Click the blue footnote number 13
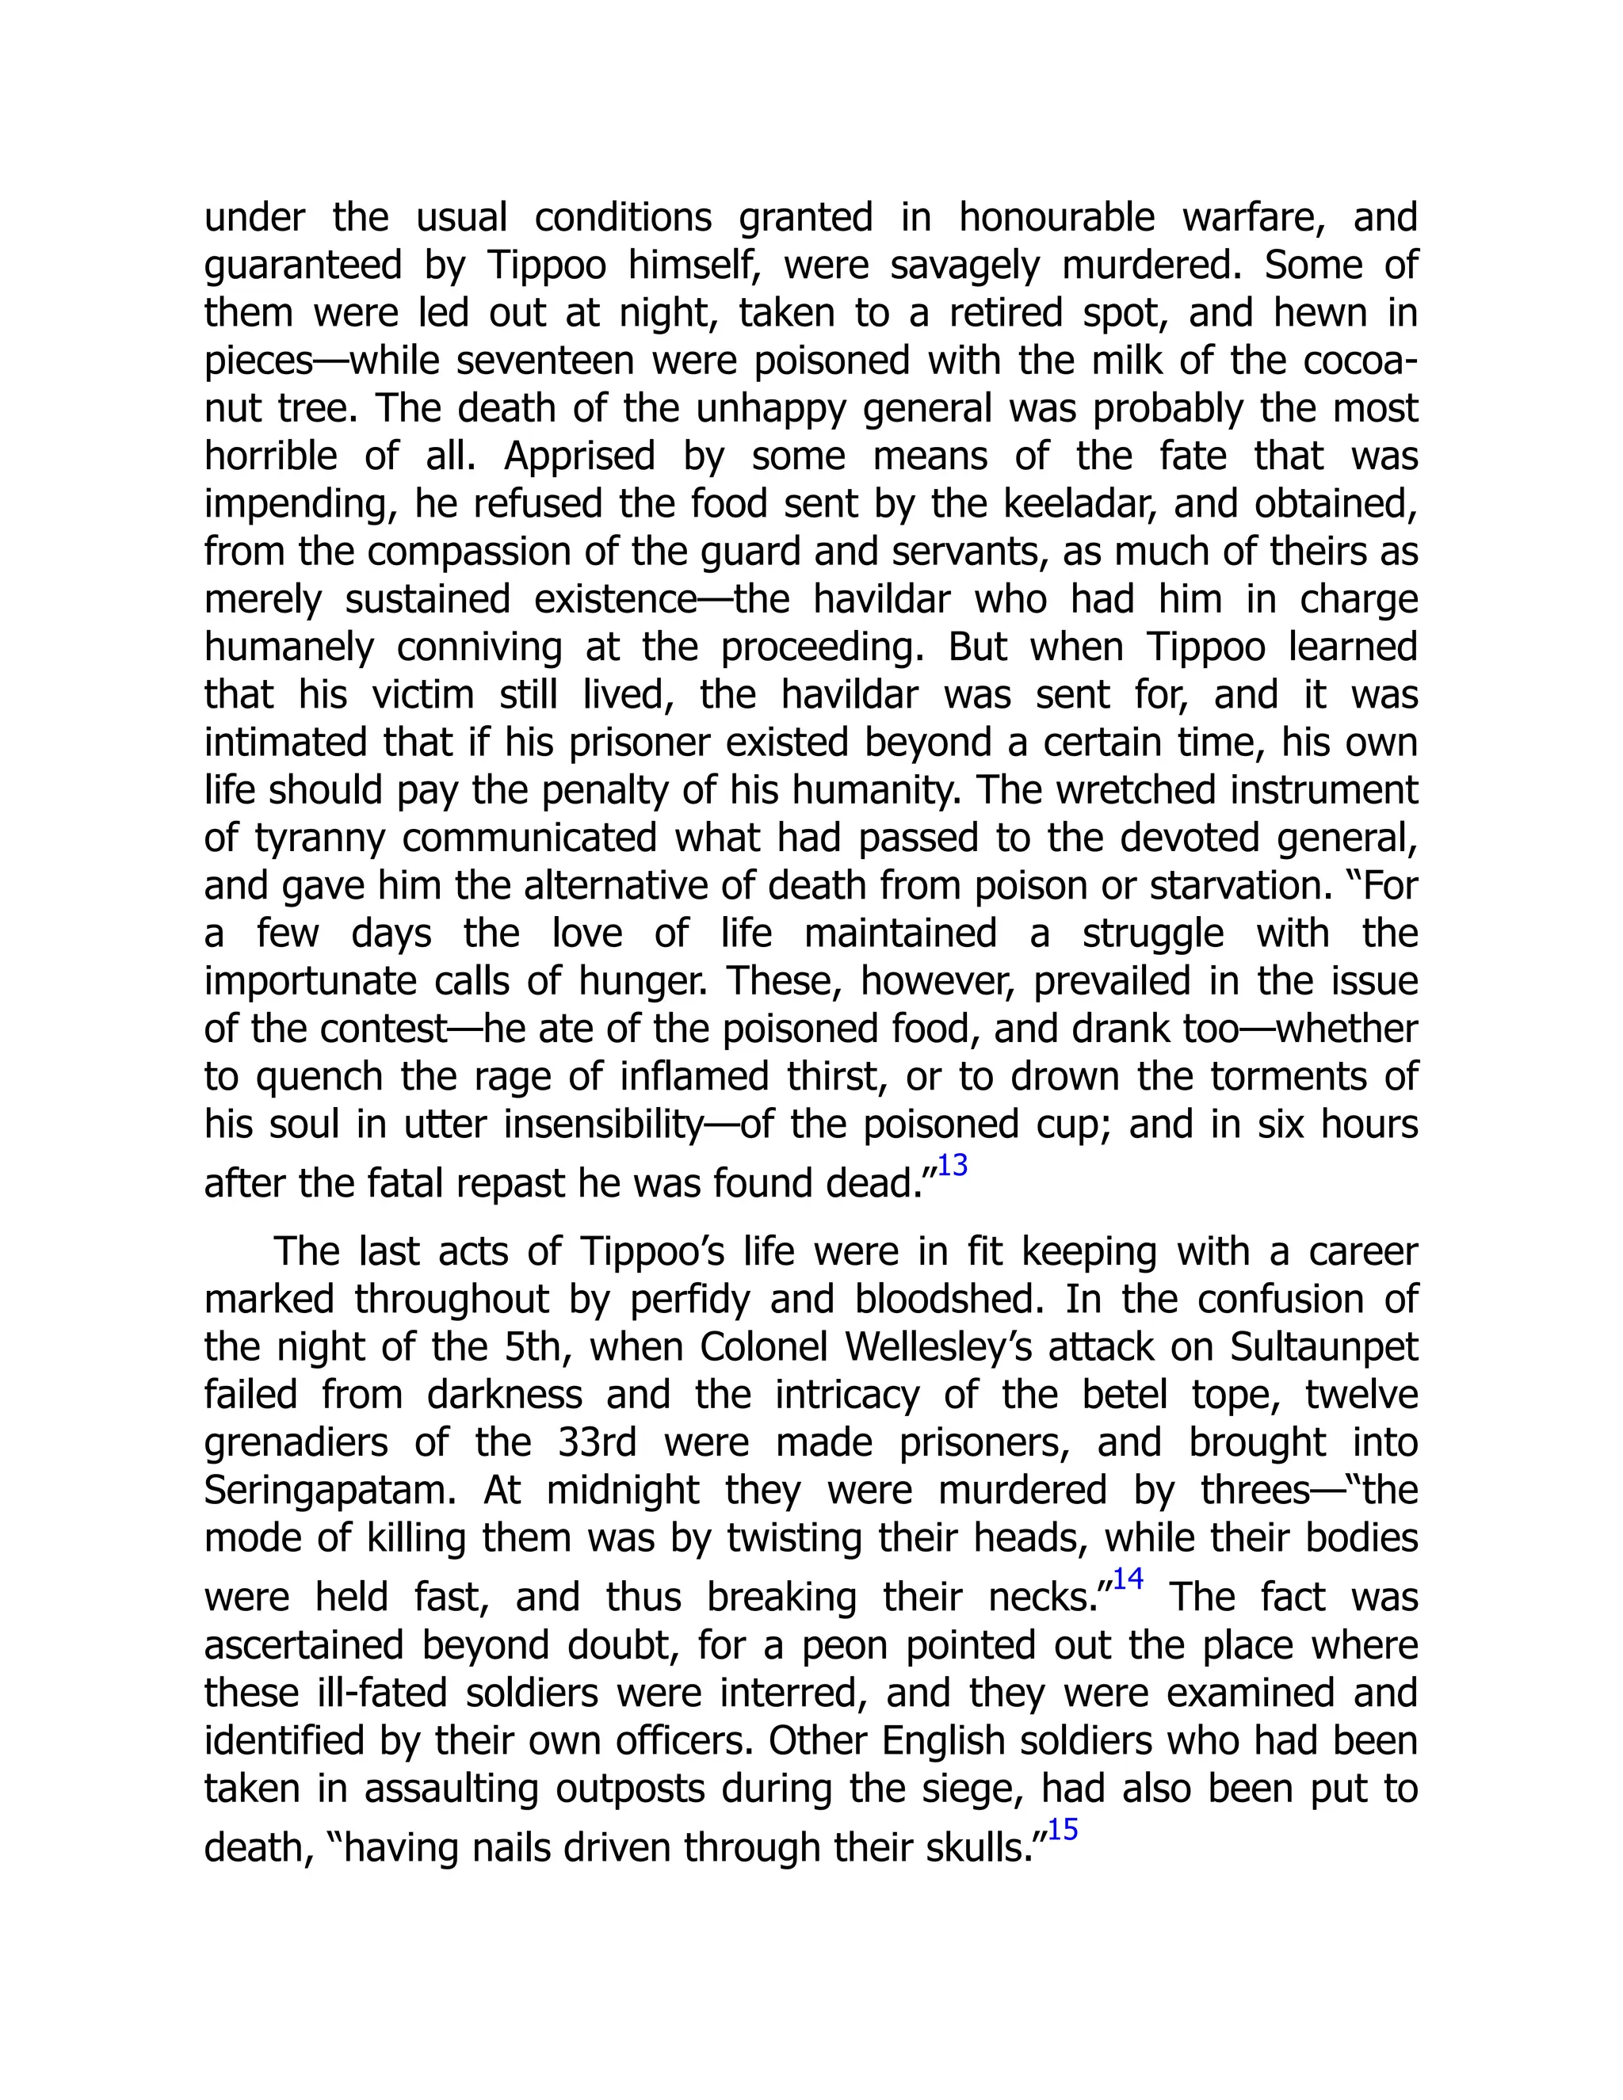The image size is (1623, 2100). coord(952,1166)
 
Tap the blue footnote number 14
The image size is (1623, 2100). coord(1128,1579)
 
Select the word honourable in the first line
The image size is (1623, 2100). coord(1056,217)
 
